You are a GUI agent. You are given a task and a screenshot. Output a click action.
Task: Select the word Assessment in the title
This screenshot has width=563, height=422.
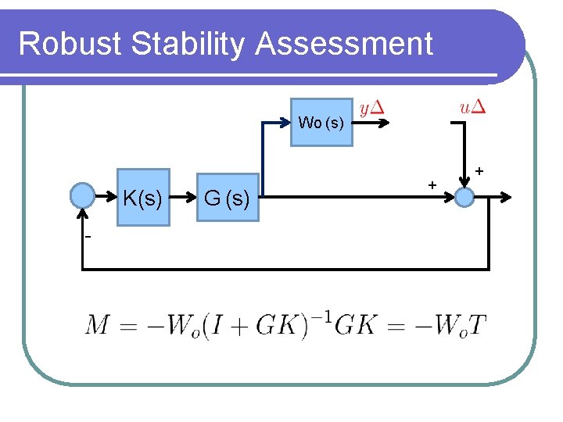(343, 44)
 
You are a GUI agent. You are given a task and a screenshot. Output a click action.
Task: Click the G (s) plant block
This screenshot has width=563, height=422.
(227, 199)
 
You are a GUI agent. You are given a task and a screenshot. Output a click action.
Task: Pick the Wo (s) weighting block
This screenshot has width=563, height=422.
(321, 123)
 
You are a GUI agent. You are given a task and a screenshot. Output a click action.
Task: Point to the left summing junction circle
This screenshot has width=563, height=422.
(82, 195)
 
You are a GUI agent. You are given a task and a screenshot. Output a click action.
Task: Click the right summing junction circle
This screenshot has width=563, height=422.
(464, 197)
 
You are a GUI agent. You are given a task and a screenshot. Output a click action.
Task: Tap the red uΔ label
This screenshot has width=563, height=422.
(474, 107)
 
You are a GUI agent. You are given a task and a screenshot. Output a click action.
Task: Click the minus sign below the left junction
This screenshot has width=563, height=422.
(88, 237)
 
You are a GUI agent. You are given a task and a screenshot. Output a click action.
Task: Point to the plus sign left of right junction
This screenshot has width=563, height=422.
(431, 184)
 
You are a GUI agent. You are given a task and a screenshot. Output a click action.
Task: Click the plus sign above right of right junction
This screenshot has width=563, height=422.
(479, 170)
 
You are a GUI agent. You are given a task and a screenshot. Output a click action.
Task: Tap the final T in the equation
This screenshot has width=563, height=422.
(476, 324)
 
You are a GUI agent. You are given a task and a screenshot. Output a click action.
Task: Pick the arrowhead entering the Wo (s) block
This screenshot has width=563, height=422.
(285, 122)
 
